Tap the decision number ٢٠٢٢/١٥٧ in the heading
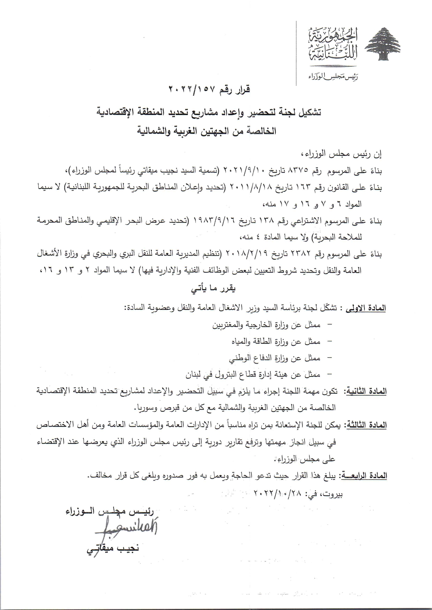(x=188, y=90)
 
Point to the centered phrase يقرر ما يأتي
(x=214, y=288)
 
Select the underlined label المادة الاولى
(x=365, y=308)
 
